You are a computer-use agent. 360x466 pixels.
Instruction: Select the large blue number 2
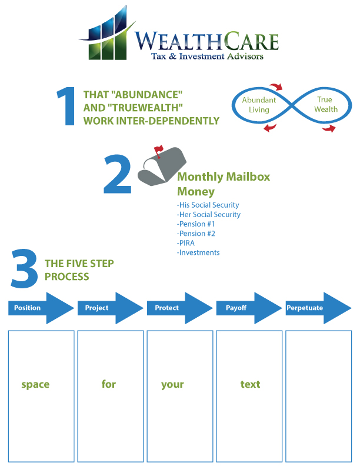coord(118,174)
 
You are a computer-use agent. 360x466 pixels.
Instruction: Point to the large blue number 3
coord(24,268)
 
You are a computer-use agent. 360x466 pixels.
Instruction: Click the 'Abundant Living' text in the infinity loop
coord(259,105)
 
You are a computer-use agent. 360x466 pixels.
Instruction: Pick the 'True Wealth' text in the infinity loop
coord(325,105)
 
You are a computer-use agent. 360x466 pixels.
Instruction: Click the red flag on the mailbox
coord(158,151)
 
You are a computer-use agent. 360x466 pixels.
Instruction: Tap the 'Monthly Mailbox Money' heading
coord(224,184)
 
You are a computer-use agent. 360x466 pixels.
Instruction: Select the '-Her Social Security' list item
coord(209,215)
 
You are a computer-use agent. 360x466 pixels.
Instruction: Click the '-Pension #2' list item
coord(196,234)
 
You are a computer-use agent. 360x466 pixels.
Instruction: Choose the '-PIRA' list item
coord(187,243)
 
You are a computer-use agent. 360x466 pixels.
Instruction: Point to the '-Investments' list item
coord(198,252)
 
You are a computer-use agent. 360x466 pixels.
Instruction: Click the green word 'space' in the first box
coord(35,384)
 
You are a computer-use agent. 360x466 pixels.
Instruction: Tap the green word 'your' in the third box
coord(172,384)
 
